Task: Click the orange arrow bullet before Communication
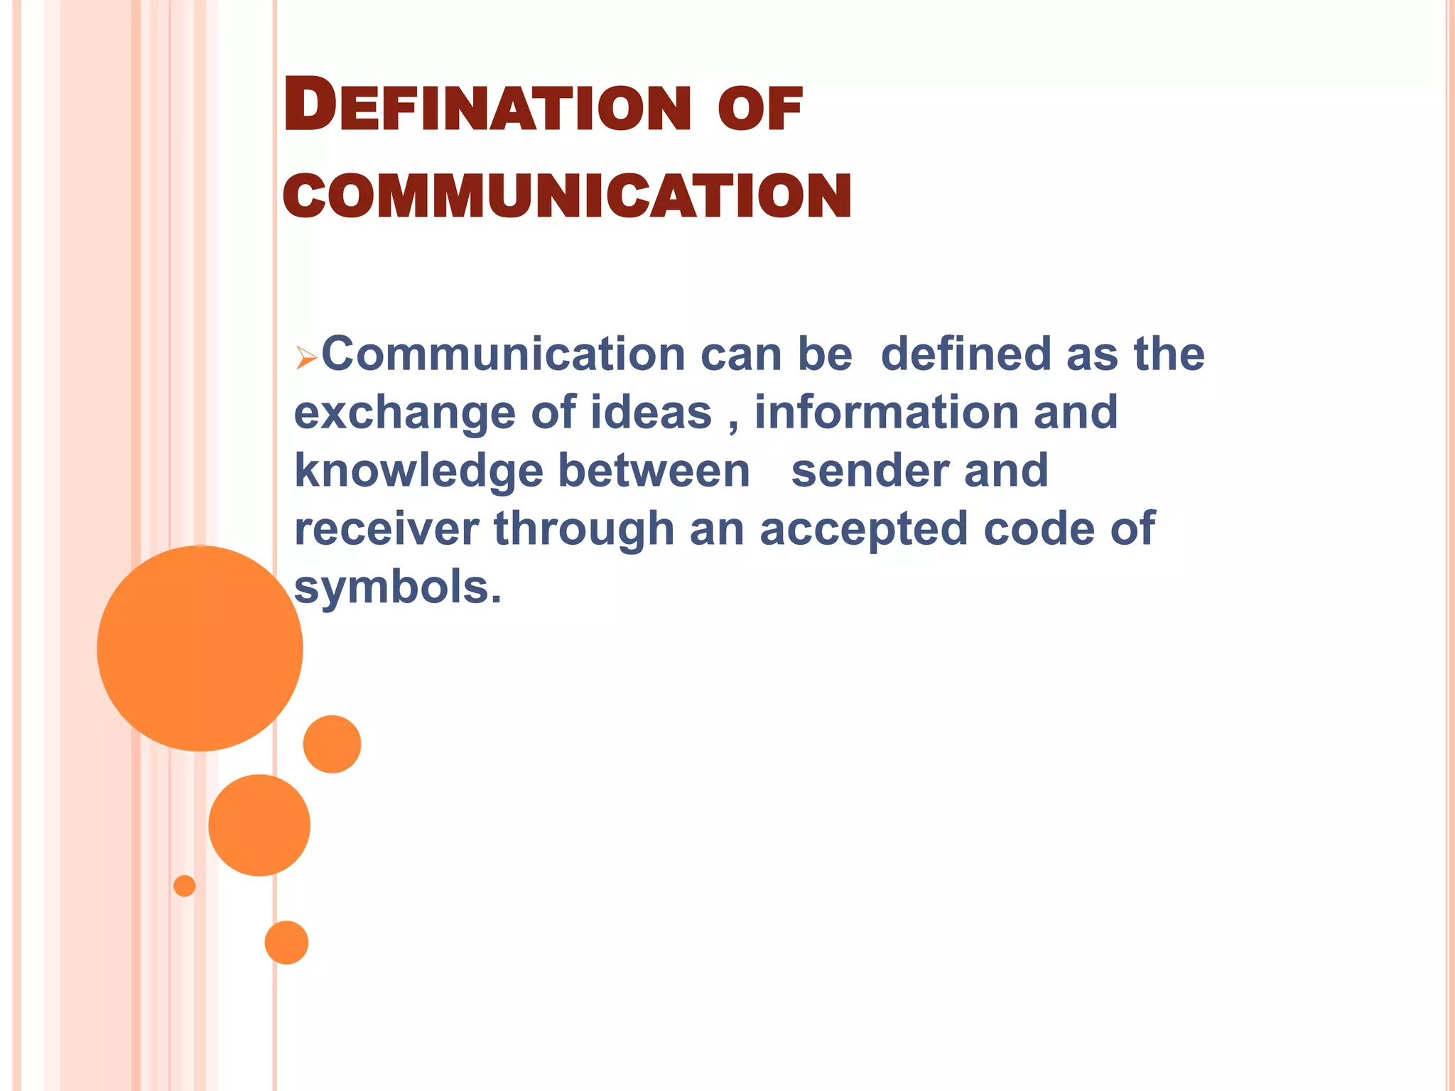(x=306, y=357)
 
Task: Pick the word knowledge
(x=418, y=472)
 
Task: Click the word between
(x=654, y=472)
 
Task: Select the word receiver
(x=386, y=530)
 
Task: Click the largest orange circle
(x=200, y=648)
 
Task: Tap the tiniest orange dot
(x=185, y=886)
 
